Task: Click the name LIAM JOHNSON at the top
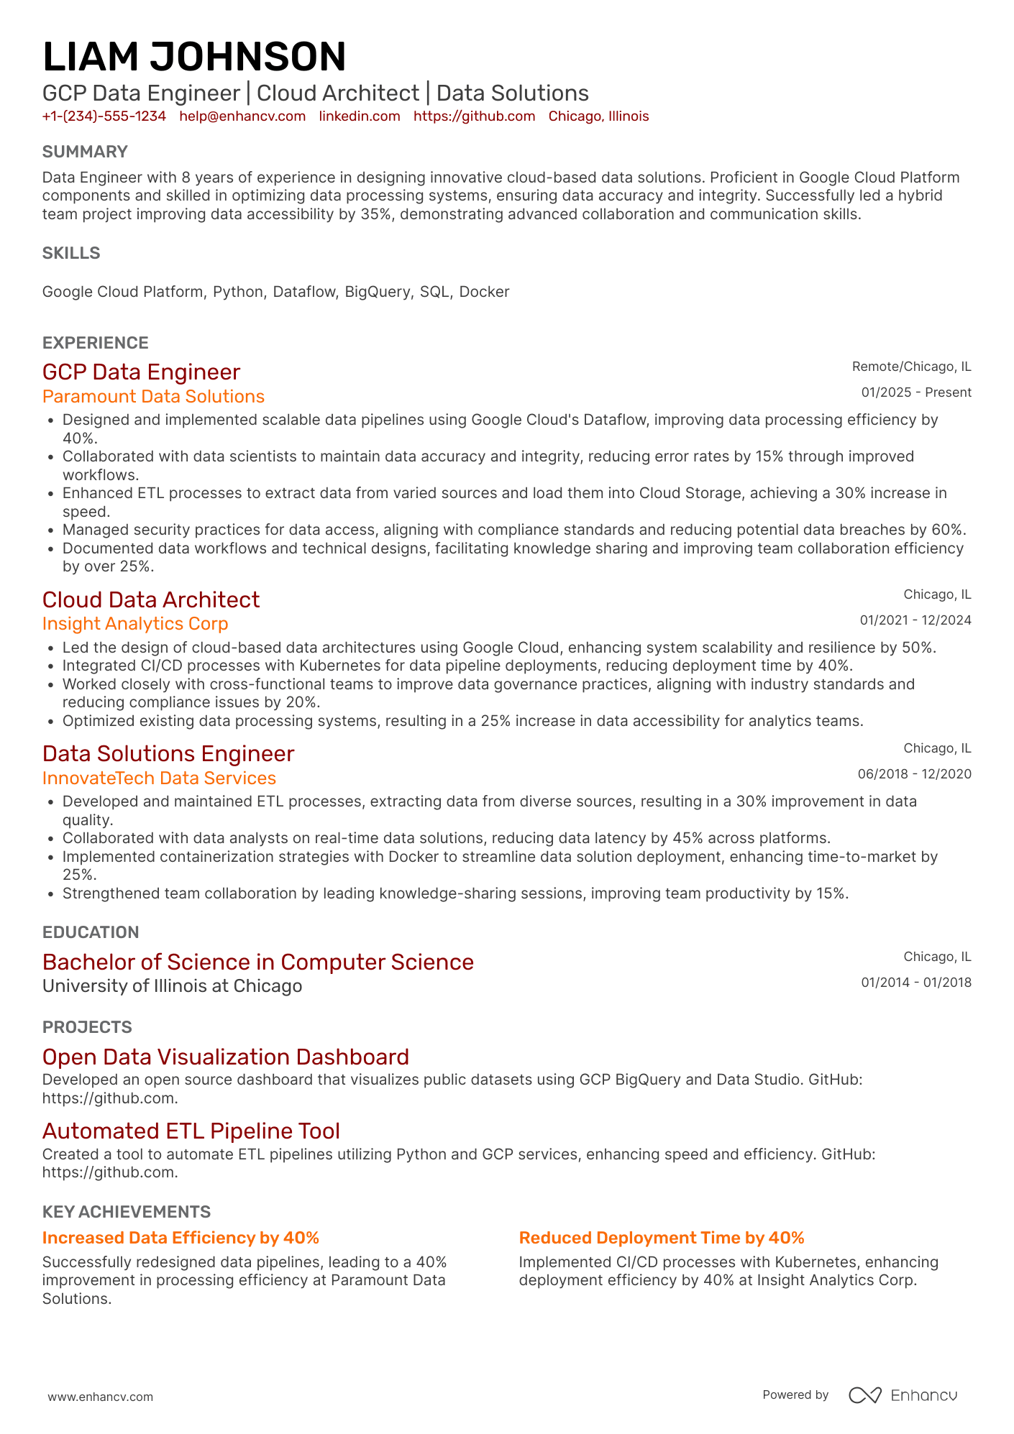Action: tap(194, 58)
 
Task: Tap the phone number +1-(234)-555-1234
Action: tap(104, 116)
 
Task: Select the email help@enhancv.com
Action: tap(242, 116)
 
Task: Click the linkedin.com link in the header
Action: tap(360, 116)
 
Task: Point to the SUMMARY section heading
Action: tap(85, 152)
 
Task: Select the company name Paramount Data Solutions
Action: tap(153, 397)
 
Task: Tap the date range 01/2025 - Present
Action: tap(916, 392)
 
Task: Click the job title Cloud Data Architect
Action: tap(151, 599)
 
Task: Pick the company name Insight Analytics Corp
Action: tap(135, 624)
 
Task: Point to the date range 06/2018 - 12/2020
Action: tap(914, 774)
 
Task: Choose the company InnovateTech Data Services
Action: tap(159, 778)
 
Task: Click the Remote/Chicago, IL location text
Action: tap(911, 367)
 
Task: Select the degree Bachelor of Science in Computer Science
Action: tap(258, 962)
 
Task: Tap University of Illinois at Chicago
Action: tap(172, 986)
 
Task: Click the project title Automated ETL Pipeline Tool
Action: tap(191, 1131)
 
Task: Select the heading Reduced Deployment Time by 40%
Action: tap(662, 1238)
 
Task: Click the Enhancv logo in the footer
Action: tap(903, 1395)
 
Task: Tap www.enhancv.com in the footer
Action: tap(101, 1397)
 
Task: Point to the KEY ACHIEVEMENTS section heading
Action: tap(127, 1212)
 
